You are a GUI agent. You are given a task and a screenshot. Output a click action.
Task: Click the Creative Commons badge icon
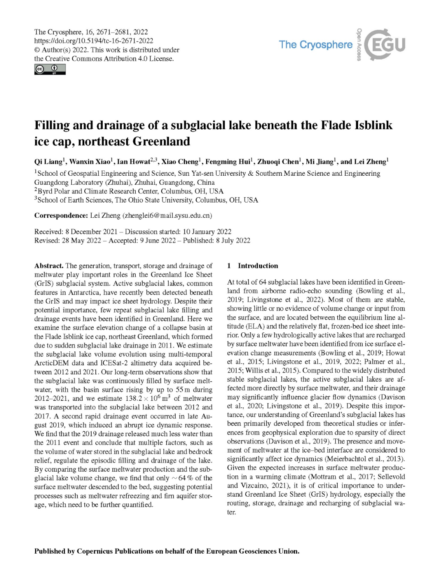click(x=50, y=70)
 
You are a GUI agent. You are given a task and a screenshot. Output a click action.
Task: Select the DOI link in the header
click(x=94, y=41)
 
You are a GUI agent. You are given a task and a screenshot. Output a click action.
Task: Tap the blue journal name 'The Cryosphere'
click(x=316, y=44)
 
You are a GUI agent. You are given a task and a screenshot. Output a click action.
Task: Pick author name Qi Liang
click(x=48, y=162)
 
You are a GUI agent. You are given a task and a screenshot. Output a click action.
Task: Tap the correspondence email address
click(x=167, y=215)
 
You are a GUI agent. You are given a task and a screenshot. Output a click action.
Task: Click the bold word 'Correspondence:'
click(x=61, y=215)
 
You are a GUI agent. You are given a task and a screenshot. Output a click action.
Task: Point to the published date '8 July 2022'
click(x=233, y=241)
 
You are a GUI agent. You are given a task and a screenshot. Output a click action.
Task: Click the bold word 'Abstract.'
click(x=48, y=266)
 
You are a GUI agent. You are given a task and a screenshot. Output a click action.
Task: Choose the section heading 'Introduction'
click(x=258, y=266)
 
